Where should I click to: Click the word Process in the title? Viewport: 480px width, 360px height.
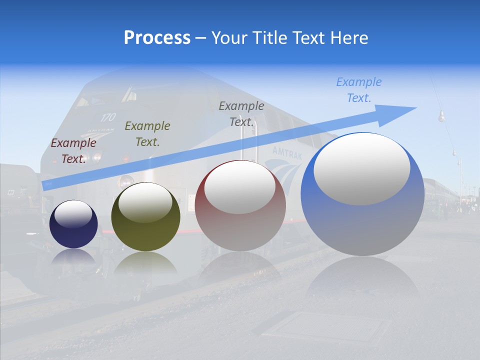pos(157,38)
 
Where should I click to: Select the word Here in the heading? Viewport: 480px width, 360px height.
pos(350,38)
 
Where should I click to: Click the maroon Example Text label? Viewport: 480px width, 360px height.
pos(73,150)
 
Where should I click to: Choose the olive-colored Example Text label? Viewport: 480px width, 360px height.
pos(147,133)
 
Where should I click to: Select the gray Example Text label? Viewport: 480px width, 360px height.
pos(241,113)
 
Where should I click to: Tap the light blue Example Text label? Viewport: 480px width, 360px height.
pos(358,90)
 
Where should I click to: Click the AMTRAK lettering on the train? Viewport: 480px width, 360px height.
pos(287,152)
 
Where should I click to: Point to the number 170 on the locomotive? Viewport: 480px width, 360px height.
pos(108,117)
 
